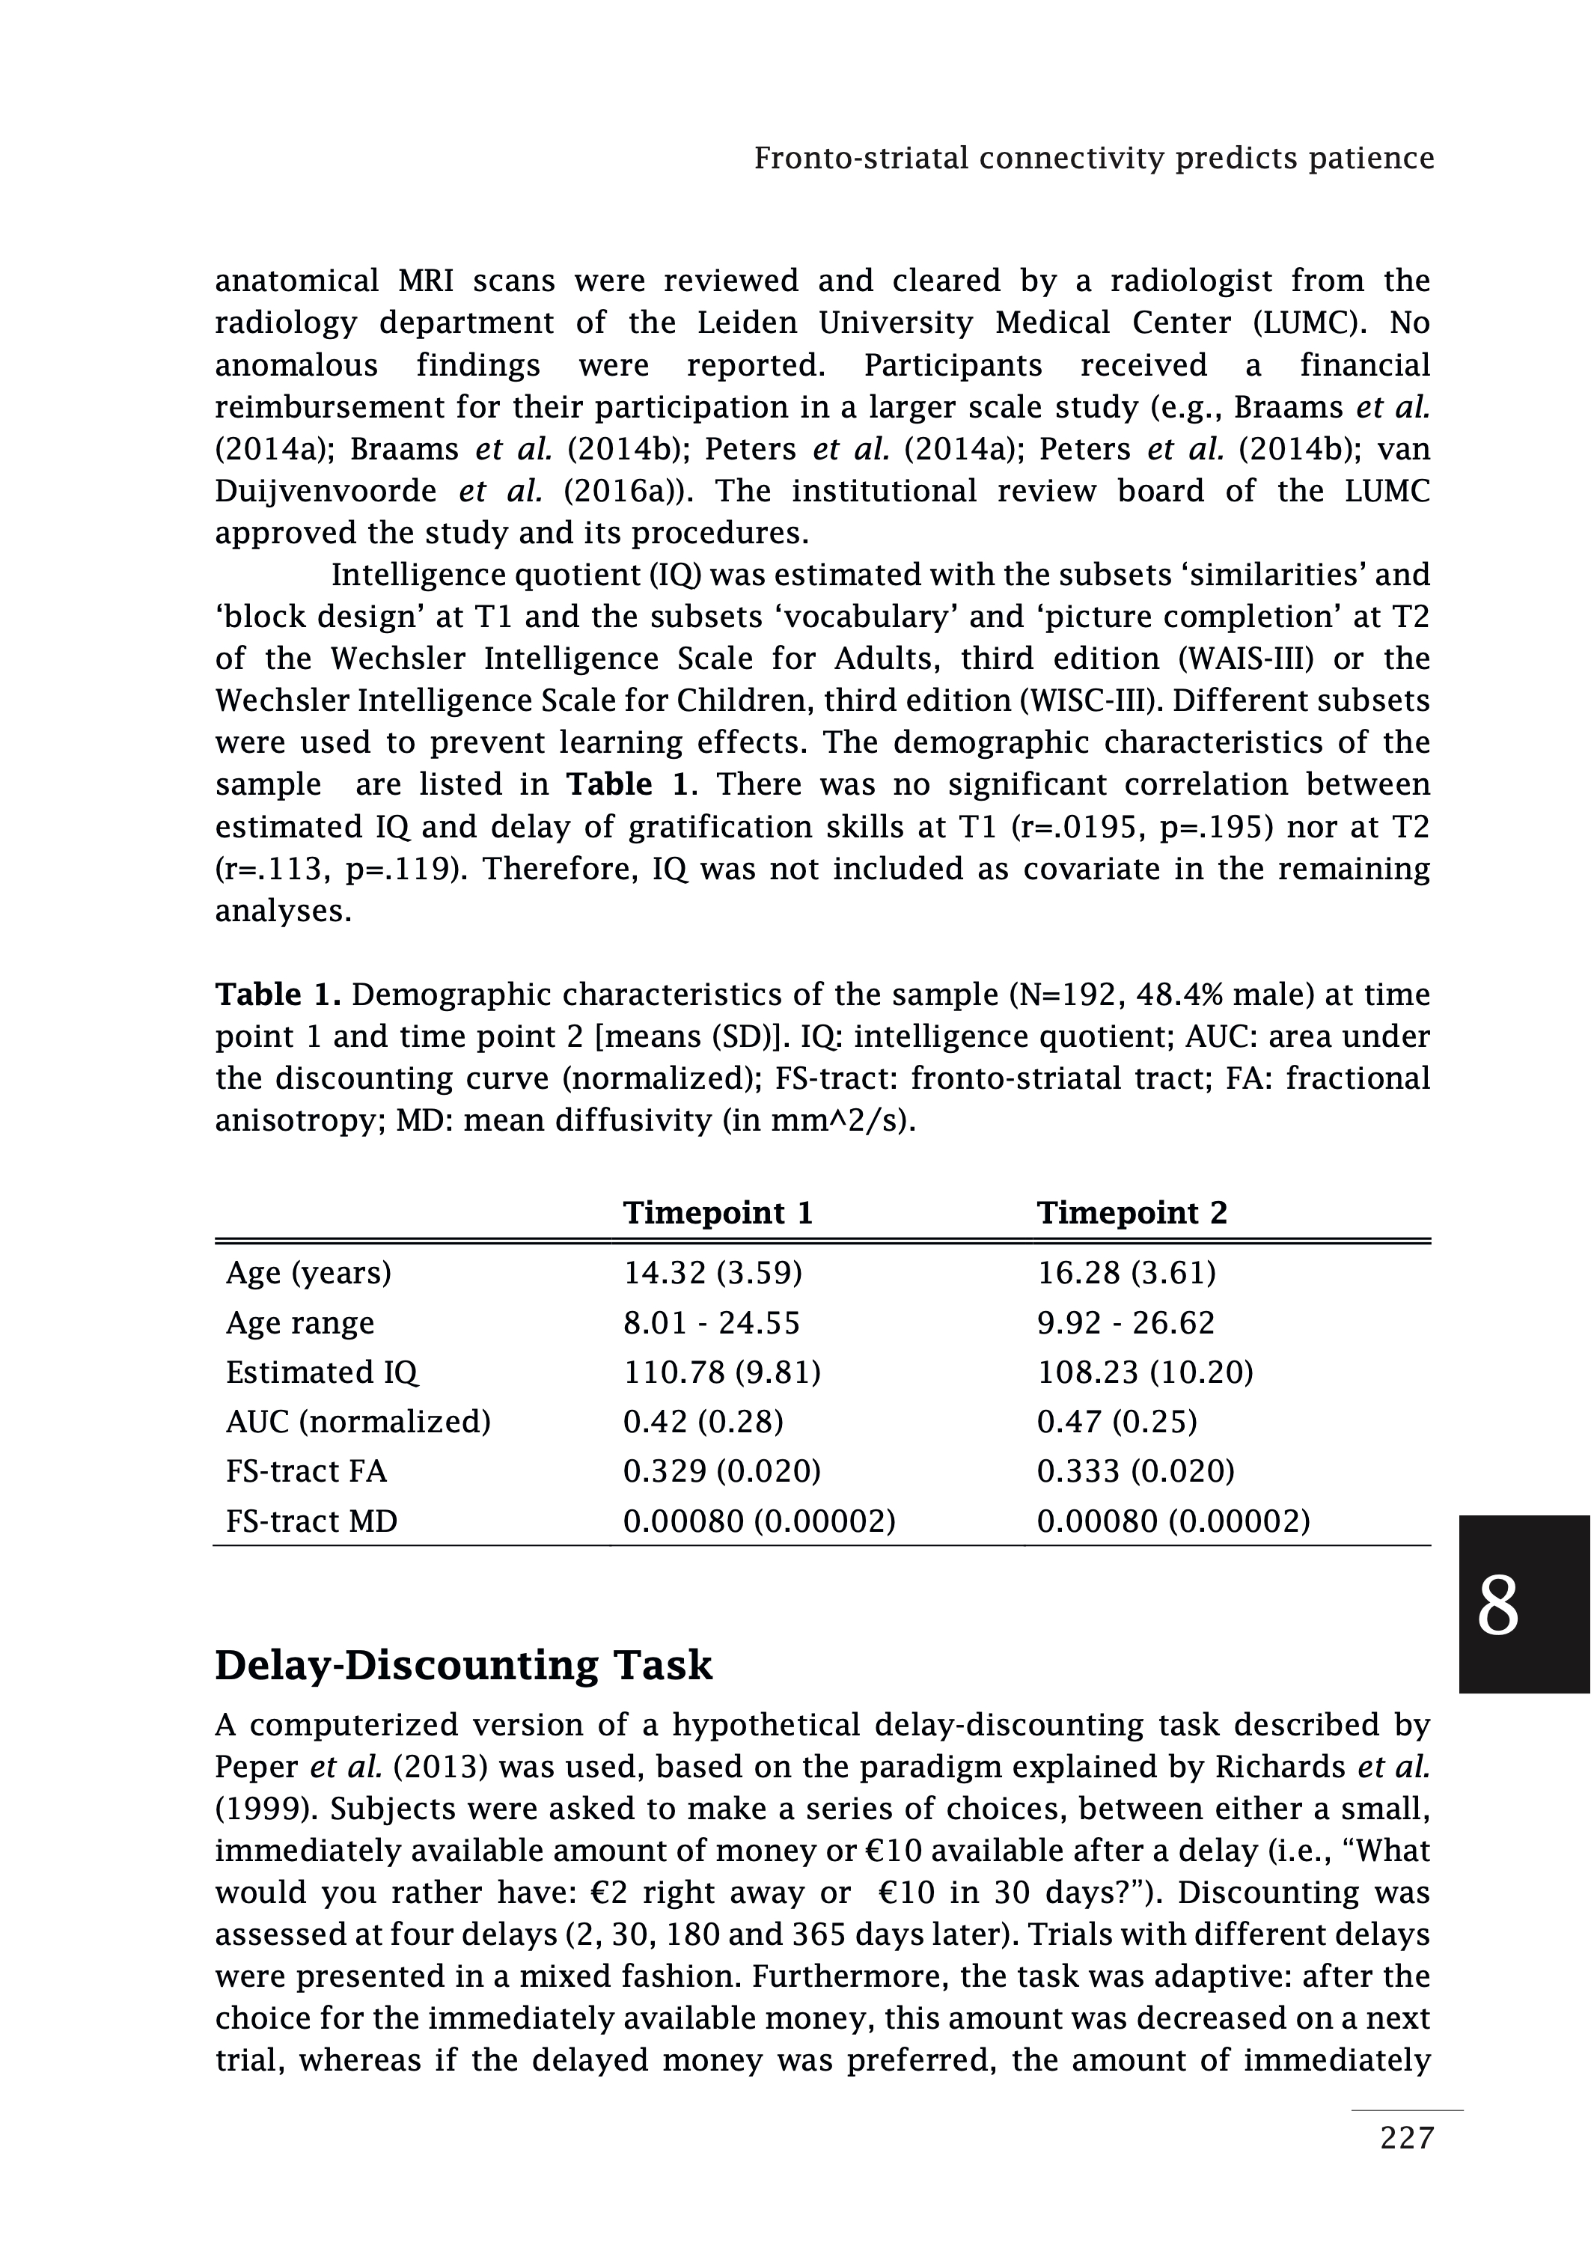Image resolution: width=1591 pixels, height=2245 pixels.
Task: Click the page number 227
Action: pos(1407,2166)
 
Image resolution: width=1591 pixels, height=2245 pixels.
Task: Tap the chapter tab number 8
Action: pos(1497,1607)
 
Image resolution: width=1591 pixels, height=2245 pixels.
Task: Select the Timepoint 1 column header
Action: pos(718,1212)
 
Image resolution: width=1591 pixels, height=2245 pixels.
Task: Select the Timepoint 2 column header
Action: pos(1132,1212)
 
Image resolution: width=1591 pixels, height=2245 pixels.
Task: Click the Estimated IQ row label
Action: pos(323,1372)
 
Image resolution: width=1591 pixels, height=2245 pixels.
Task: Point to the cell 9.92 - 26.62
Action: pos(1126,1322)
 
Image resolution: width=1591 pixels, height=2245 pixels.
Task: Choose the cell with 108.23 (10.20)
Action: pos(1145,1372)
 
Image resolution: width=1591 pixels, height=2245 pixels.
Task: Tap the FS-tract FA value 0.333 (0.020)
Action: pos(1135,1471)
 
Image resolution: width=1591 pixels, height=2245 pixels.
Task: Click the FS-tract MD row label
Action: pos(311,1521)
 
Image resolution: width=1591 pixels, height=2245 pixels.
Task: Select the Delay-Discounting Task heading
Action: pos(463,1665)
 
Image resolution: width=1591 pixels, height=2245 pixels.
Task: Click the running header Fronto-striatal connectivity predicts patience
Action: pos(1093,158)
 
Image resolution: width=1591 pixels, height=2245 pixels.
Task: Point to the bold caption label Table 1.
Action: pos(277,995)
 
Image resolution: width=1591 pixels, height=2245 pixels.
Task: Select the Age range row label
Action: pos(300,1322)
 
